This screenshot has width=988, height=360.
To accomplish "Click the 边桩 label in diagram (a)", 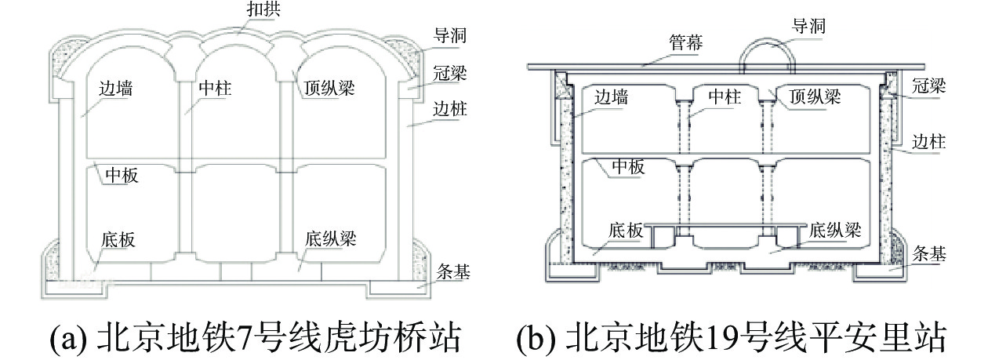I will click(x=450, y=109).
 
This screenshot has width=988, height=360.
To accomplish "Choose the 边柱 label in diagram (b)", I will click(x=929, y=142).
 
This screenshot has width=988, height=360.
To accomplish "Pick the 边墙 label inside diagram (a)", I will click(x=116, y=89).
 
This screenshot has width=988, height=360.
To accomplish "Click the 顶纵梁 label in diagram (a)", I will click(x=330, y=89).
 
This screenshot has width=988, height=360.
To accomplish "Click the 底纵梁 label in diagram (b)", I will click(x=835, y=231).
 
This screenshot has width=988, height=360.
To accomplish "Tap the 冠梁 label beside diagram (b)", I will click(x=928, y=87).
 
